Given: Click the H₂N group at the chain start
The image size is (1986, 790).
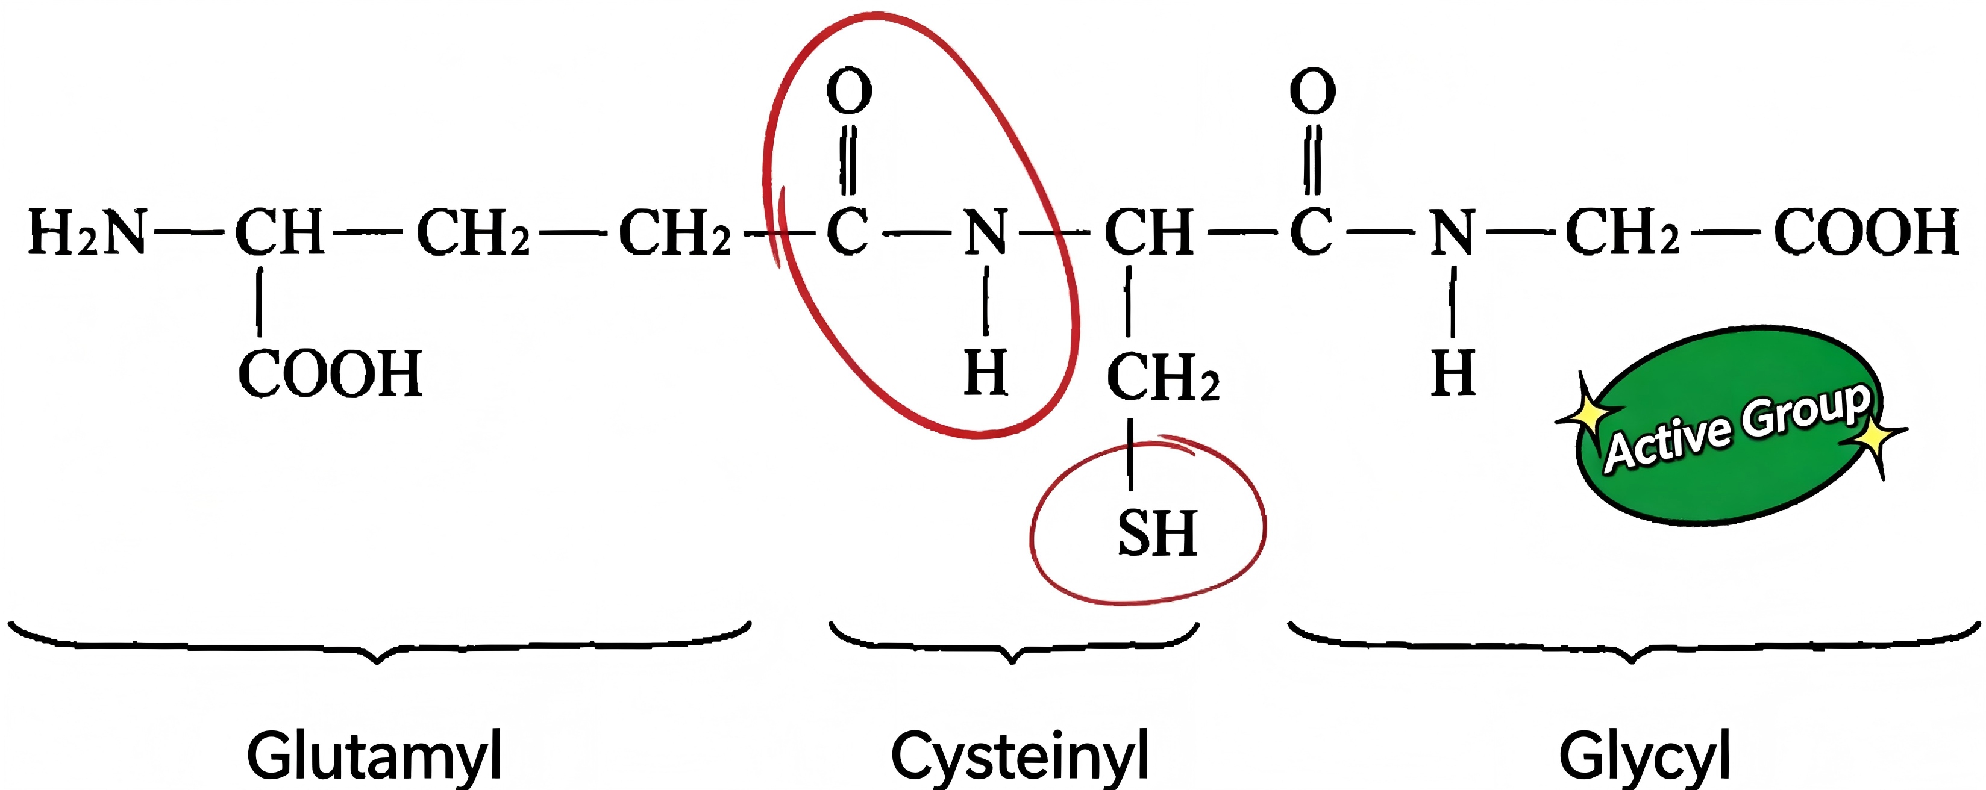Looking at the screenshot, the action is [87, 232].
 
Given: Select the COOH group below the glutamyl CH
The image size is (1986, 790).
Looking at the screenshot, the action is [331, 374].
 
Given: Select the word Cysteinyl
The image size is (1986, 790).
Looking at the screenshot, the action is [1020, 757].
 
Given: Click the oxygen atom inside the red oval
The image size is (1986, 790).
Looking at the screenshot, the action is [849, 90].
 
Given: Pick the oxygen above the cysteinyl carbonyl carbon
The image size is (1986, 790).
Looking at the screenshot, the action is [1312, 90].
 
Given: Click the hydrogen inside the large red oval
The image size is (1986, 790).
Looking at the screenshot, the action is [986, 373].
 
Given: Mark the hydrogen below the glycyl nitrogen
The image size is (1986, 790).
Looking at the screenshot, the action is [1453, 373].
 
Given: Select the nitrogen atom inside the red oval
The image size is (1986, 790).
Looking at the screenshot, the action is [986, 232].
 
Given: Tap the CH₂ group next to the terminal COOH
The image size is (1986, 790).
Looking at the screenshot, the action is [1623, 231].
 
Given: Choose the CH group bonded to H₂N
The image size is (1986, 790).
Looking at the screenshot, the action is [279, 232].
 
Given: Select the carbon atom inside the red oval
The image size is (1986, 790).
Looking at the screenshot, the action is [847, 232].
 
